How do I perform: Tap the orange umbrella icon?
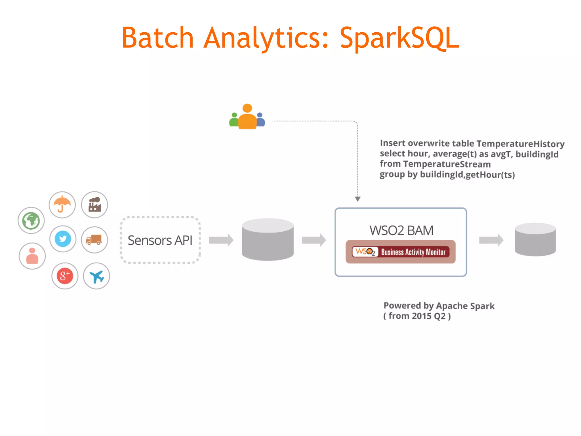[x=62, y=204]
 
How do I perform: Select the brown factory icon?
[x=94, y=204]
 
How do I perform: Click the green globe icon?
[x=31, y=221]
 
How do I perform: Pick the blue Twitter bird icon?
[x=63, y=239]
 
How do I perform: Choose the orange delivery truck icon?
[x=94, y=240]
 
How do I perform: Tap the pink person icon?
[x=32, y=256]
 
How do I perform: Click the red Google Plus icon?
[x=65, y=276]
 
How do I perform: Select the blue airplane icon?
[x=96, y=276]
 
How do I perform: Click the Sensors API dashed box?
[x=160, y=240]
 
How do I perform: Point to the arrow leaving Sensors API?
[x=221, y=240]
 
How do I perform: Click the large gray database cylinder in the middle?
[x=268, y=240]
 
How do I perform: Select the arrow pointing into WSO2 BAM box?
[x=313, y=240]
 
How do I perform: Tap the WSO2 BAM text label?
[x=401, y=230]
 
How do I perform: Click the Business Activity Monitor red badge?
[x=401, y=252]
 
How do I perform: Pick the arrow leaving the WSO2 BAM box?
[x=491, y=240]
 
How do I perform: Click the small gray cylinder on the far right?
[x=535, y=240]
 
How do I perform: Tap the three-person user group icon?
[x=247, y=117]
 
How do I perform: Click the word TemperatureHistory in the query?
[x=520, y=144]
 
